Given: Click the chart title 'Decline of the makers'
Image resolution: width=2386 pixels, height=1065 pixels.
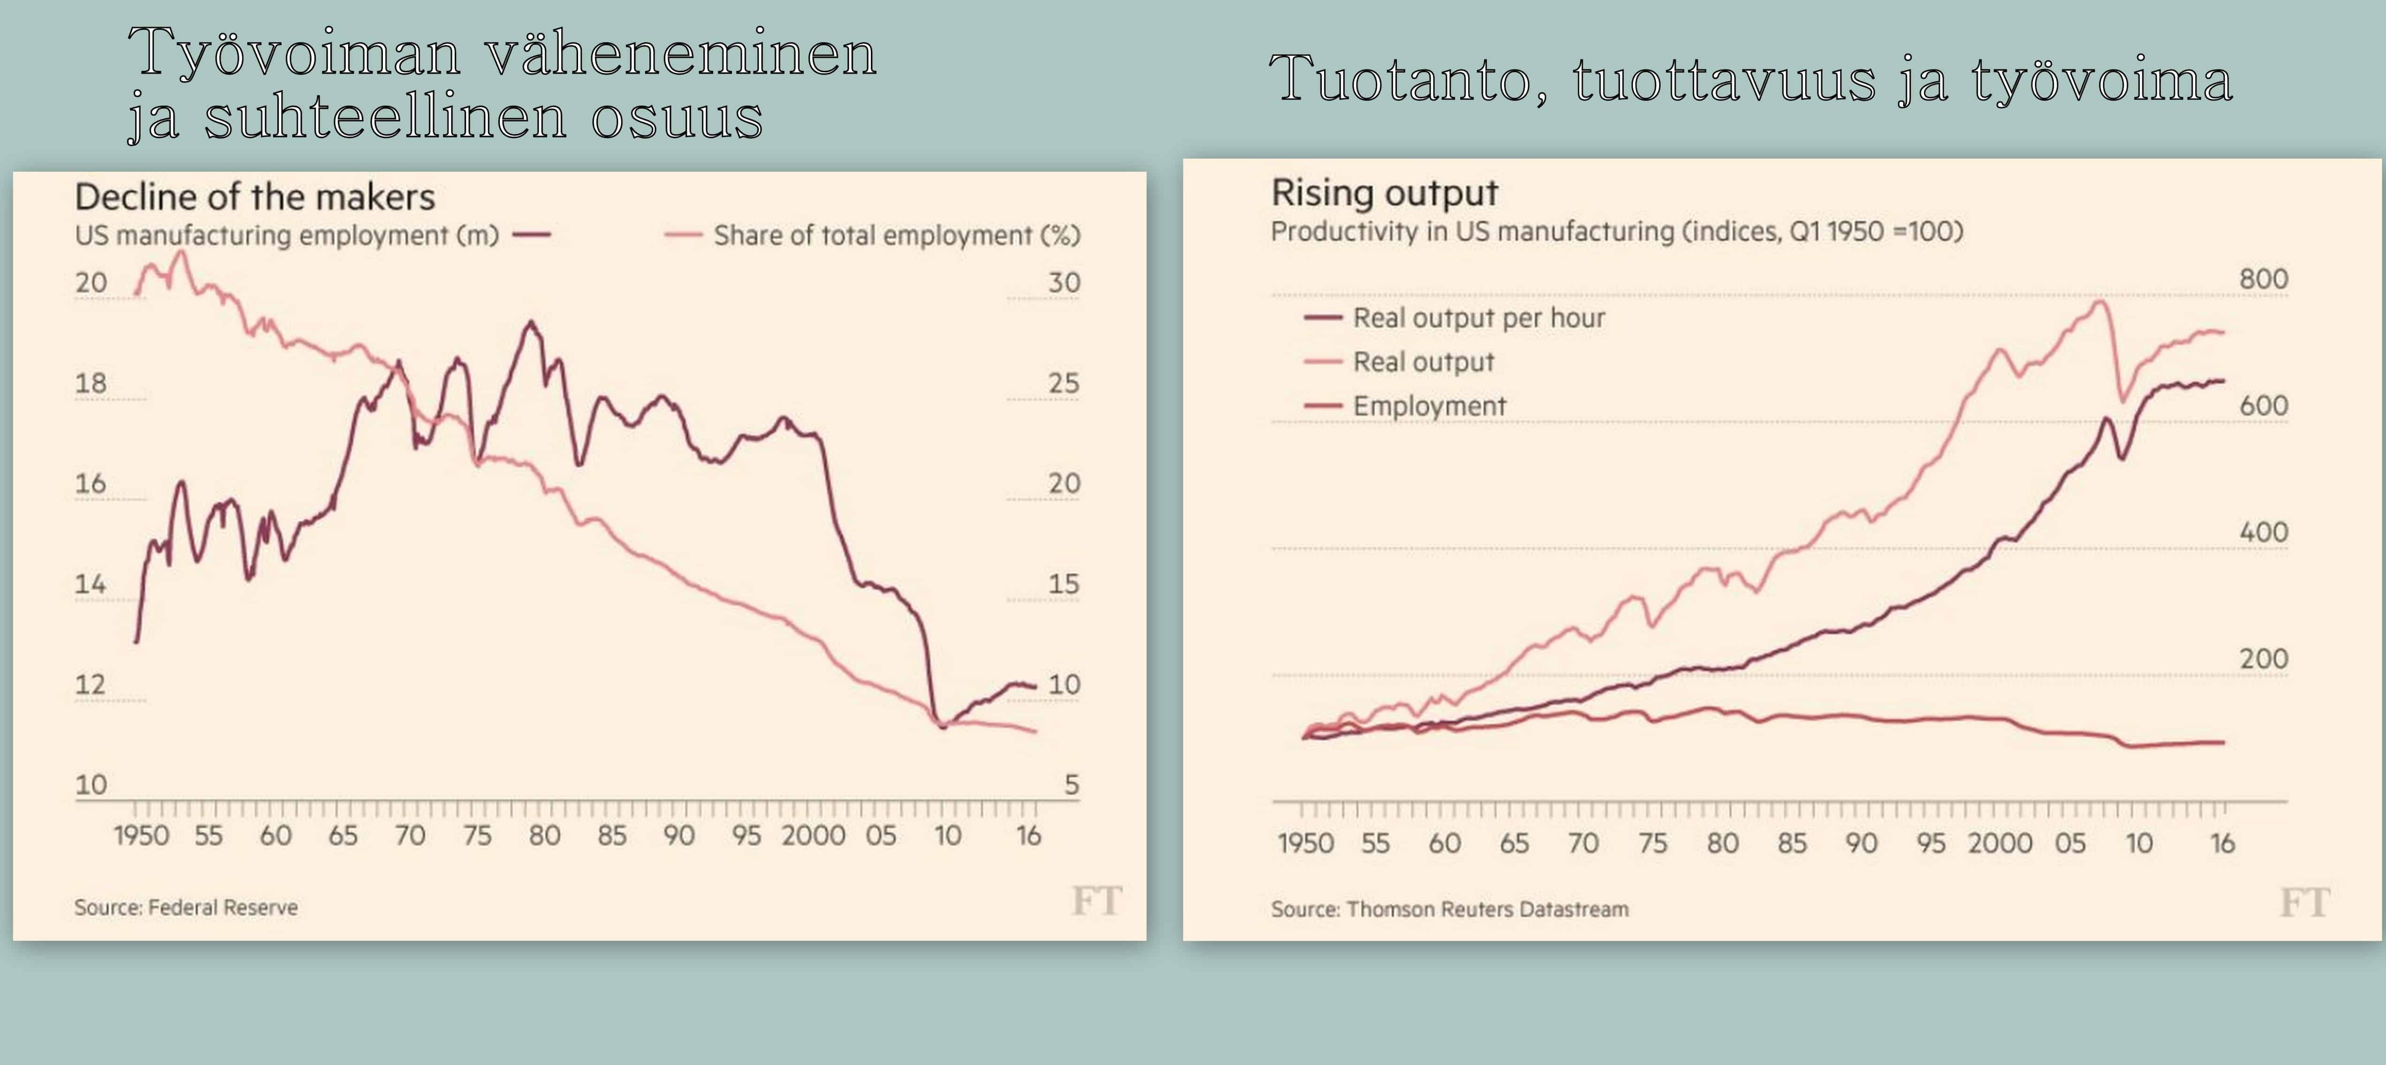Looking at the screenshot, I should (255, 197).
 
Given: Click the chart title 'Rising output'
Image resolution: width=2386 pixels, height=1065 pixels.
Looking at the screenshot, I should (1384, 193).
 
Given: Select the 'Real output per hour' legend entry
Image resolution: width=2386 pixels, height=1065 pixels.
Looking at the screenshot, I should (1478, 317).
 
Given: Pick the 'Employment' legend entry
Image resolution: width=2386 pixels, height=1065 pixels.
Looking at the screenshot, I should (1429, 406).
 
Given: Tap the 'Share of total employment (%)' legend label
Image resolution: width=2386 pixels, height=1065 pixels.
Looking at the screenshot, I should (896, 235).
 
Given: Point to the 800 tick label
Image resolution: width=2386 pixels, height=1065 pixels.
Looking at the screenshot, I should (2263, 279).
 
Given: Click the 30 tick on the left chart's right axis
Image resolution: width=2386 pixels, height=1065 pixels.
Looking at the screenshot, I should (1063, 282).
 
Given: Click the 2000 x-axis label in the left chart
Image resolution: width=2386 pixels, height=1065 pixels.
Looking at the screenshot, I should (812, 835).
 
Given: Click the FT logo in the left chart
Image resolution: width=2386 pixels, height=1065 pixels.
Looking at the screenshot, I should (1096, 900).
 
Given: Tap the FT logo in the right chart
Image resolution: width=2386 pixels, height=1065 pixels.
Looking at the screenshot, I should (2303, 902).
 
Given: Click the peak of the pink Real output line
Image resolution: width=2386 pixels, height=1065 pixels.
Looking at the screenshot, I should (2100, 301).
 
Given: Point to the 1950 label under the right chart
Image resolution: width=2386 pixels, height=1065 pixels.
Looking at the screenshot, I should (1305, 843).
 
